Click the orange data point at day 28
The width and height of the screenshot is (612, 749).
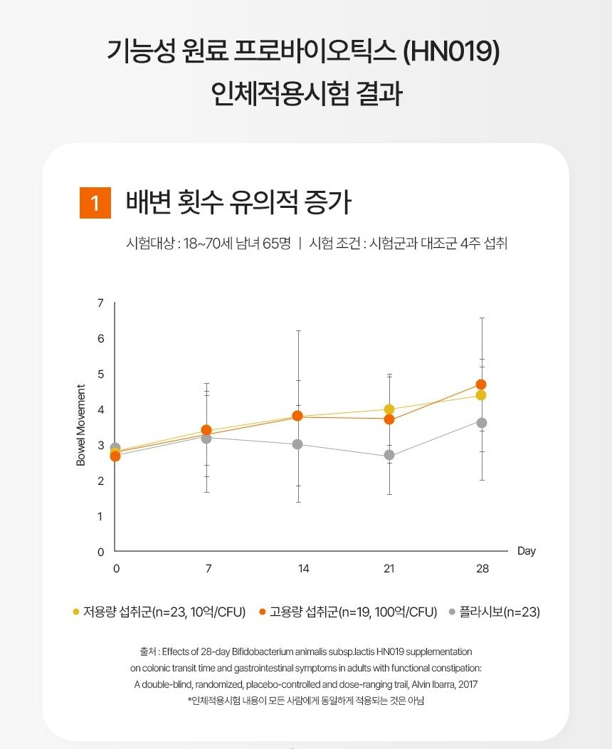tap(481, 384)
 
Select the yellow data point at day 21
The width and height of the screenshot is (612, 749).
tap(389, 409)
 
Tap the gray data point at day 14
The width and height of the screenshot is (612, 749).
tap(297, 444)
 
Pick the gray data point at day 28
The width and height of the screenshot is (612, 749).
tap(482, 423)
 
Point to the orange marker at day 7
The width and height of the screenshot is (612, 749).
tap(206, 430)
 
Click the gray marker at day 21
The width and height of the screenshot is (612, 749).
tap(389, 455)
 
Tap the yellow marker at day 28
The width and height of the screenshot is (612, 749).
tap(481, 395)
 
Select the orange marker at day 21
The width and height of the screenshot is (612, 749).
tap(389, 419)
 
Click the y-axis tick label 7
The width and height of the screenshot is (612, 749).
tap(100, 303)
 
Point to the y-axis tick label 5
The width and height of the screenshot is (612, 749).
tap(100, 374)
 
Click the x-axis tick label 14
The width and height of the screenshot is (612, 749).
tap(304, 569)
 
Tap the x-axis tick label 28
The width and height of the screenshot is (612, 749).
tap(482, 569)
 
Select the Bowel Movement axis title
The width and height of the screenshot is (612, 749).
tap(81, 426)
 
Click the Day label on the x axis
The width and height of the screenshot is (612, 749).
tap(527, 551)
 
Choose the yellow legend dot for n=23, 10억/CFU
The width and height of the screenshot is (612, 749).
tap(76, 612)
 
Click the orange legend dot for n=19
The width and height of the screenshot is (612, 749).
tap(263, 612)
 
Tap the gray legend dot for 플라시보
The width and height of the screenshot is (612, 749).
tap(453, 612)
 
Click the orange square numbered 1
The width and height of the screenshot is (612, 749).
tap(95, 204)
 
